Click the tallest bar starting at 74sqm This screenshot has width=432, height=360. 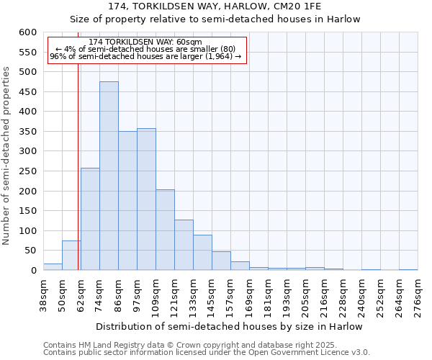[x=109, y=176]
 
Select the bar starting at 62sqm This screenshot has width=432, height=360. [x=90, y=220]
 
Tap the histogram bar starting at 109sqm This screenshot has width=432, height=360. [x=165, y=230]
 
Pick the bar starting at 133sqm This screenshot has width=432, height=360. [x=202, y=253]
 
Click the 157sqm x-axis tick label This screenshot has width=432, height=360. [x=230, y=294]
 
